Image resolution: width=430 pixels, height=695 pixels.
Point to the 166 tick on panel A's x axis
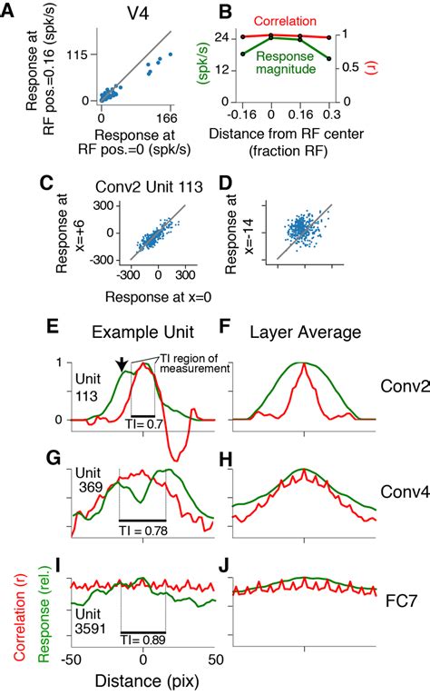coord(165,116)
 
